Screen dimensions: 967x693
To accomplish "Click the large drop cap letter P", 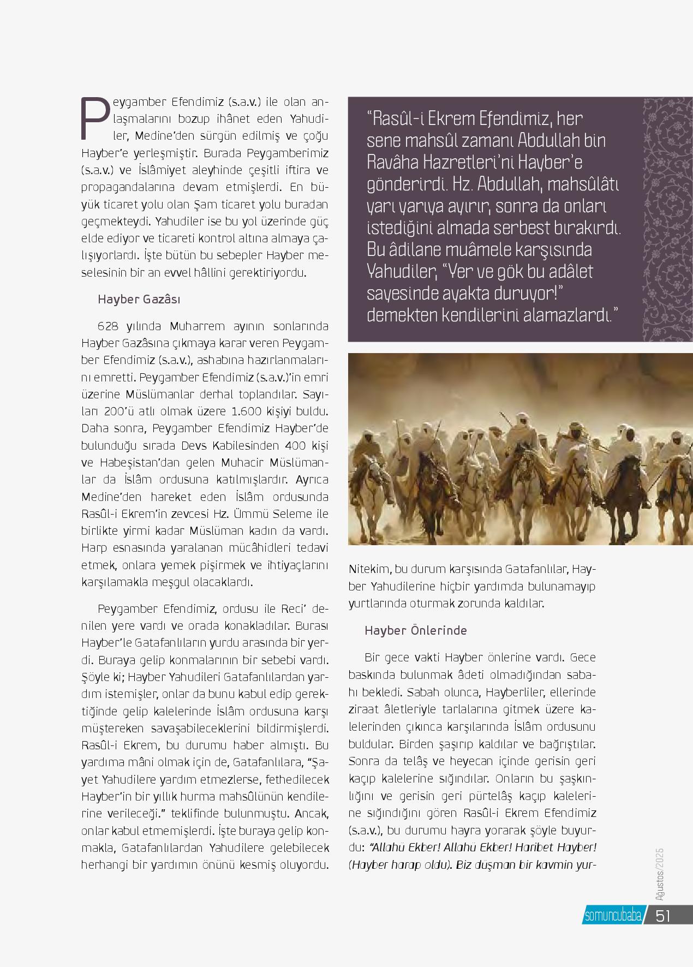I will (x=92, y=118).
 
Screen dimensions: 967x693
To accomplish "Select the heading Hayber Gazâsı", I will (x=139, y=300).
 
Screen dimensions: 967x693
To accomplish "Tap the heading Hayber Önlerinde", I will (x=416, y=630).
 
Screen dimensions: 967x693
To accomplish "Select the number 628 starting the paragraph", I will (x=108, y=326).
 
